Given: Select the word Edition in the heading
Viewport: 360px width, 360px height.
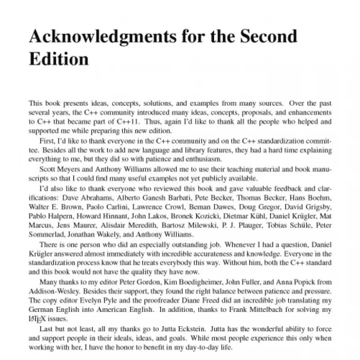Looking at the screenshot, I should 58,58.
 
